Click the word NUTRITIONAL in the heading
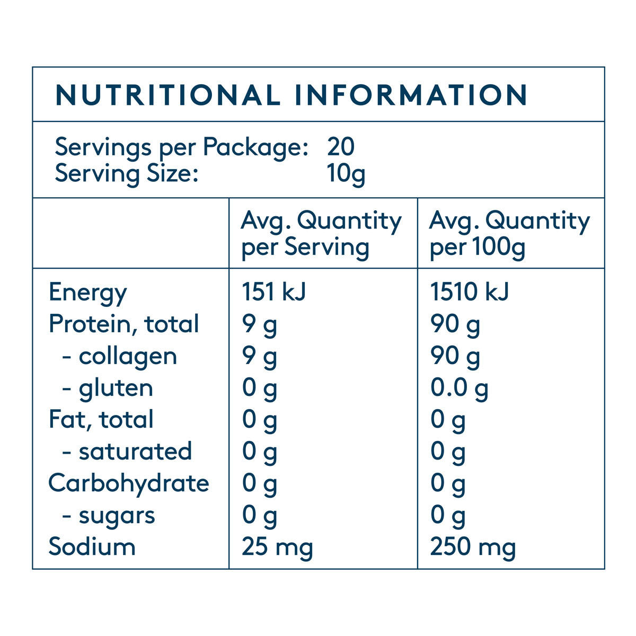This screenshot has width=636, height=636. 167,95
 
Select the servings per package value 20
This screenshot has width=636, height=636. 341,147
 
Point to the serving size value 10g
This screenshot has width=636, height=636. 347,174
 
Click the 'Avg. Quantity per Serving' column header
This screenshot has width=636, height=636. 321,234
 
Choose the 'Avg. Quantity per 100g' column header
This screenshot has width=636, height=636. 509,234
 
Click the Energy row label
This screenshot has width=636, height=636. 88,293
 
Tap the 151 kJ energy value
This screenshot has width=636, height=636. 274,293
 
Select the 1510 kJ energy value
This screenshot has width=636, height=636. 470,293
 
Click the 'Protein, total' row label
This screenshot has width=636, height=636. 124,324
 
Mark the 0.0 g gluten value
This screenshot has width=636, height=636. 459,388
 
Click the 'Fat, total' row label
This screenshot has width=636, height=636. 101,420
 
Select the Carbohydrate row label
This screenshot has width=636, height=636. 129,483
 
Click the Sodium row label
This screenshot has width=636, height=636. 92,547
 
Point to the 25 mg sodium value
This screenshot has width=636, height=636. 277,547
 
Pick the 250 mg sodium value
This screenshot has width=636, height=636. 473,547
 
